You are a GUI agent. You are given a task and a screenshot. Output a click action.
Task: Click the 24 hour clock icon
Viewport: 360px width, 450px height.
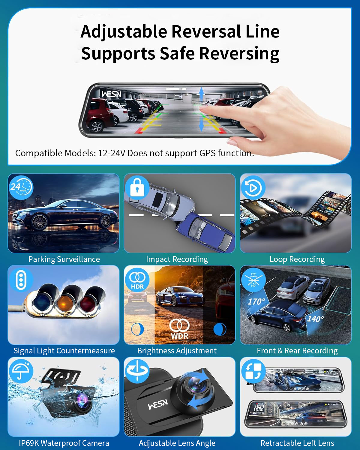click(20, 187)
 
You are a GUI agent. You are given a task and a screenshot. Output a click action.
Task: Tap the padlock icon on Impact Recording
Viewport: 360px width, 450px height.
click(137, 187)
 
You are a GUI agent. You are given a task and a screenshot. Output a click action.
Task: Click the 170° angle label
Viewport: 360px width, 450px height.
click(256, 301)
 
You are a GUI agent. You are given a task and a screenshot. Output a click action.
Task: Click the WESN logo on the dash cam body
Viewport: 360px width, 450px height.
click(158, 404)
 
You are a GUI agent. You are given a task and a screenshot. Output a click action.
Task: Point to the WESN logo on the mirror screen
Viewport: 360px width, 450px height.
click(111, 94)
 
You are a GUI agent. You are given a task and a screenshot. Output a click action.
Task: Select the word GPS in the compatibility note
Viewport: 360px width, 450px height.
click(208, 153)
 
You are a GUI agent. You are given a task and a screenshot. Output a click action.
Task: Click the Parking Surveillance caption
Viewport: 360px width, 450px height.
click(64, 259)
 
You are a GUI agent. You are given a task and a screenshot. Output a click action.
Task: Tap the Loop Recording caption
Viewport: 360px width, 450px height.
click(297, 259)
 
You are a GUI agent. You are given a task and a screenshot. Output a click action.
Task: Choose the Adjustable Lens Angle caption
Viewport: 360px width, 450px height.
click(177, 443)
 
